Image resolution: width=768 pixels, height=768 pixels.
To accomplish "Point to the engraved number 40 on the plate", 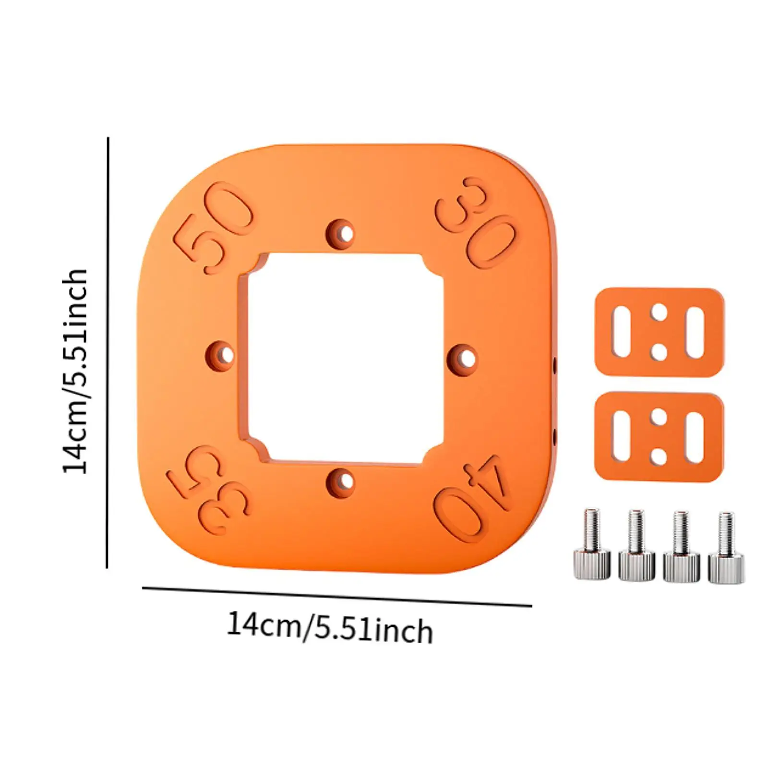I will point(473,497).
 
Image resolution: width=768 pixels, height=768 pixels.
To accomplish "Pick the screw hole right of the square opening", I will point(465,359).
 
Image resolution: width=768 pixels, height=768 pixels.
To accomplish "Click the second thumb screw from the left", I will point(636,547).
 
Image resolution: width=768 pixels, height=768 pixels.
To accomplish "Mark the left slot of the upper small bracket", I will point(622,332).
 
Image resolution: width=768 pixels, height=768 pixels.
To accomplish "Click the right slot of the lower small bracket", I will point(695,436).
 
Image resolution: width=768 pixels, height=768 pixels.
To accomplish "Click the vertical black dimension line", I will point(108,353).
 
